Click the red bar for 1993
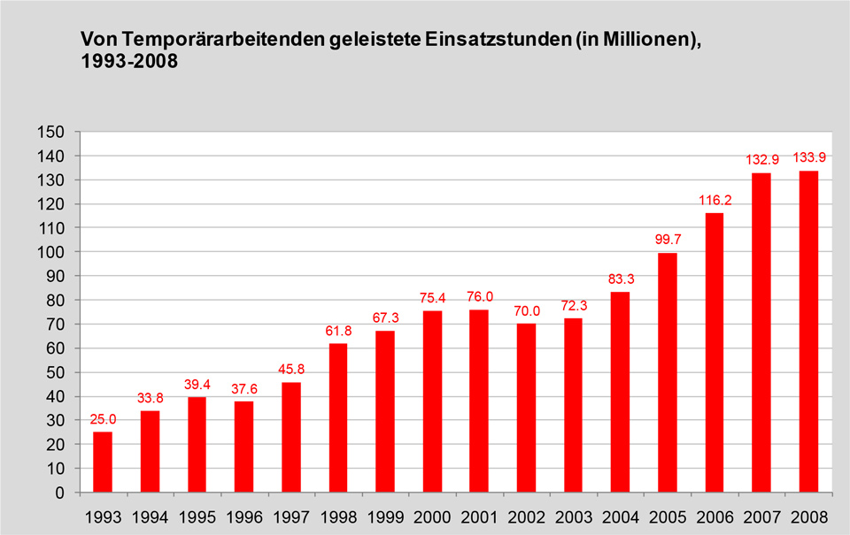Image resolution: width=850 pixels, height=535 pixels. click(103, 462)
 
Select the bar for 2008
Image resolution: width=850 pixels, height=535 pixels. click(808, 332)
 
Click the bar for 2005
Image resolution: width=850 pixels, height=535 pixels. click(667, 372)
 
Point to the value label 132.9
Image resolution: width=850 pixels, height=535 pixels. click(761, 159)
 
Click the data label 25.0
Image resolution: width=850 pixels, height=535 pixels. click(103, 418)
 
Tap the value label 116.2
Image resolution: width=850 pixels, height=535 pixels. click(714, 200)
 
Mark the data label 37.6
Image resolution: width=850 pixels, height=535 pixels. click(244, 388)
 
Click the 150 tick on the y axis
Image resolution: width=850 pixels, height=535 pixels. click(51, 133)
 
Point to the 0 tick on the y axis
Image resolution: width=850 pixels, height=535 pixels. click(60, 493)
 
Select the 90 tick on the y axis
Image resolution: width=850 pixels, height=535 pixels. click(55, 277)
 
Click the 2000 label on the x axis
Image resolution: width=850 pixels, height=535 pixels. click(432, 516)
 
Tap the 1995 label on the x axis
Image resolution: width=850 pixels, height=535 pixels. click(197, 516)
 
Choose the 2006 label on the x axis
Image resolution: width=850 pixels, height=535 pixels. click(714, 516)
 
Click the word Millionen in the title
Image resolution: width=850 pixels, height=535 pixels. click(637, 40)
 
